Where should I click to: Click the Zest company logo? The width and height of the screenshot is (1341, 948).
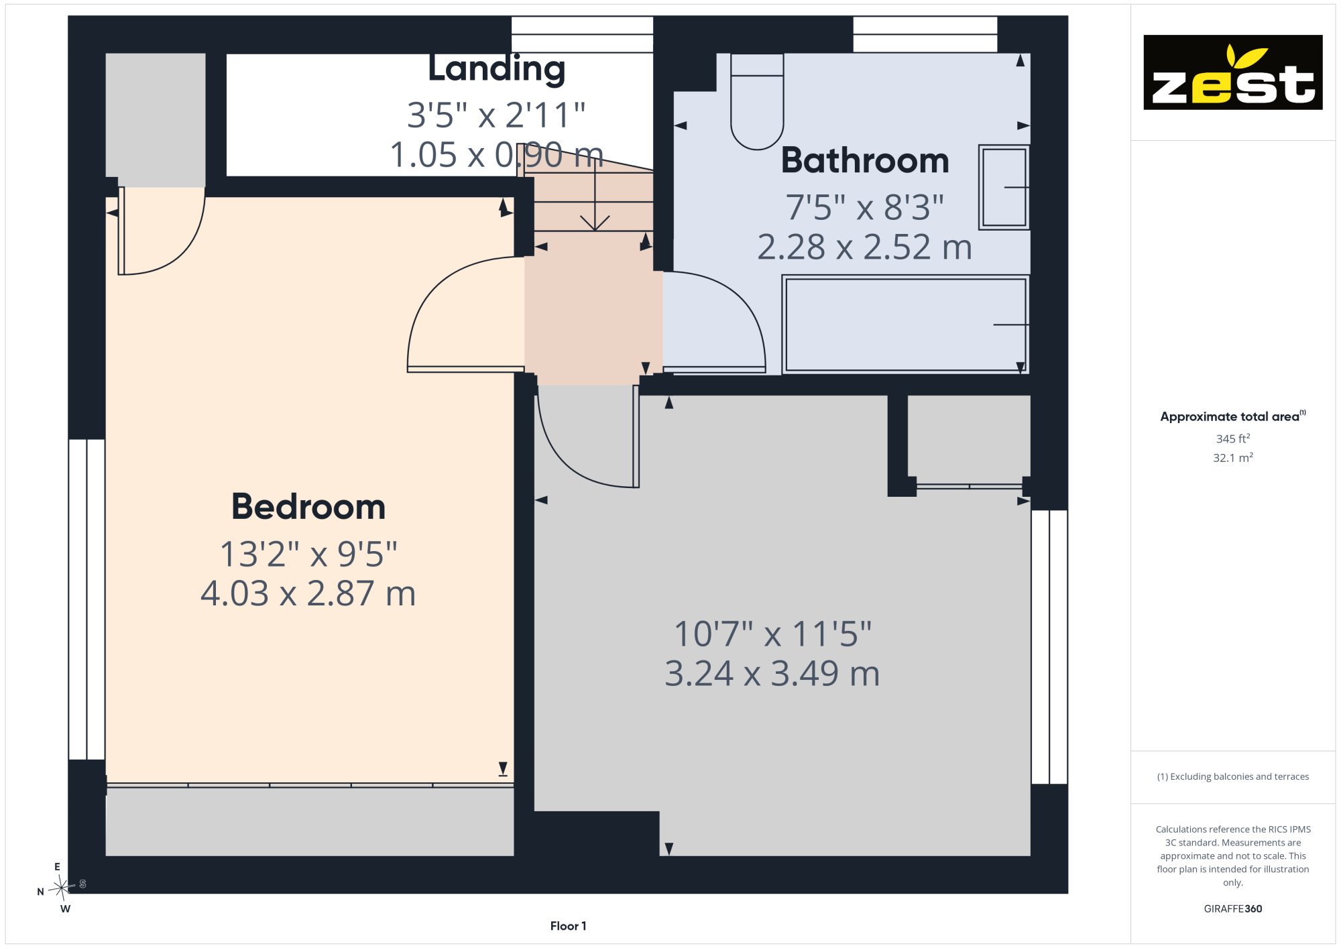pyautogui.click(x=1232, y=72)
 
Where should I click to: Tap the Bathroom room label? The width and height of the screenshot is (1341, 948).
pyautogui.click(x=865, y=161)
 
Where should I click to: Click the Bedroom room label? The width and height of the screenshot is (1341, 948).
pyautogui.click(x=308, y=507)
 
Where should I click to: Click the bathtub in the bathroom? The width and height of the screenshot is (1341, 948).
pyautogui.click(x=905, y=324)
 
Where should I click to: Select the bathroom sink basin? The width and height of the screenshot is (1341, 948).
pyautogui.click(x=1004, y=188)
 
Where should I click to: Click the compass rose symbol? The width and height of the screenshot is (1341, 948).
pyautogui.click(x=62, y=888)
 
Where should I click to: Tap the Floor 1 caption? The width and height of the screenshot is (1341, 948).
pyautogui.click(x=568, y=926)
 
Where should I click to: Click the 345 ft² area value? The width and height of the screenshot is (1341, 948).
pyautogui.click(x=1233, y=438)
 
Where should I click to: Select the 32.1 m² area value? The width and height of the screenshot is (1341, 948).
pyautogui.click(x=1233, y=458)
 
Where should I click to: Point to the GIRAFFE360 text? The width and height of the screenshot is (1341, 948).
pyautogui.click(x=1232, y=909)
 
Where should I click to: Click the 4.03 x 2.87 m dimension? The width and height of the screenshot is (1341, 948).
pyautogui.click(x=308, y=593)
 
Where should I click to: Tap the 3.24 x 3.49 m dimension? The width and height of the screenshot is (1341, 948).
pyautogui.click(x=772, y=673)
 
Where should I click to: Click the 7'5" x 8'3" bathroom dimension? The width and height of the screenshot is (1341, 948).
pyautogui.click(x=865, y=207)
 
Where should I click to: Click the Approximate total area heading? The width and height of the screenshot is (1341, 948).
pyautogui.click(x=1232, y=416)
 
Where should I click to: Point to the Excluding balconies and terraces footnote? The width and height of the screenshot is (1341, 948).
pyautogui.click(x=1232, y=776)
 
